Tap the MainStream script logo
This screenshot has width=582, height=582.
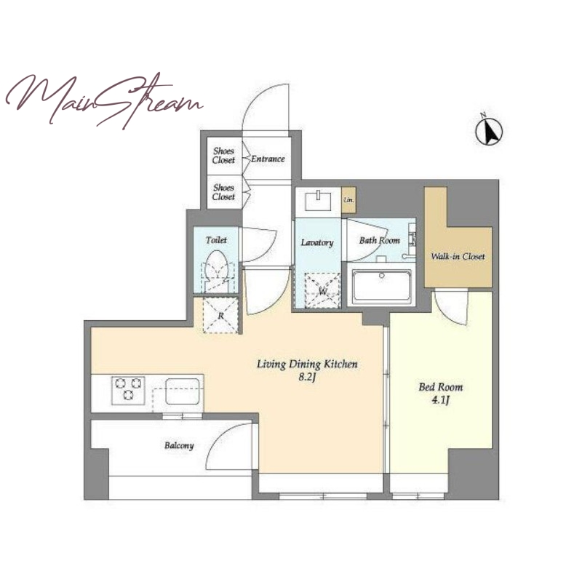[x=104, y=100]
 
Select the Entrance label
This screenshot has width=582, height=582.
[x=268, y=159]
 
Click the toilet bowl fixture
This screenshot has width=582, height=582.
[x=216, y=268]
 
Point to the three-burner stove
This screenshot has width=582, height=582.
[x=128, y=390]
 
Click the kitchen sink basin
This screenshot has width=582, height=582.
[x=183, y=391]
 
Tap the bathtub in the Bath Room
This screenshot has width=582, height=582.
[x=382, y=287]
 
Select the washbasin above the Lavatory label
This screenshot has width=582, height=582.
[x=318, y=201]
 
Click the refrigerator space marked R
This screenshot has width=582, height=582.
[x=221, y=316]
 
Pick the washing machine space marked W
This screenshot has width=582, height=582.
[x=322, y=290]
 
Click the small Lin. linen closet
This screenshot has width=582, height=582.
[x=348, y=200]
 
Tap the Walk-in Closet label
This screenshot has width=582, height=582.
[x=458, y=256]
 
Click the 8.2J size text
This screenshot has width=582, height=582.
[x=306, y=378]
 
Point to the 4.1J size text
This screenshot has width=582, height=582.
[x=441, y=400]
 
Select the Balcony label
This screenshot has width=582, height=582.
[x=179, y=445]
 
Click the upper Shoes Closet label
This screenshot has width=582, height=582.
[x=223, y=156]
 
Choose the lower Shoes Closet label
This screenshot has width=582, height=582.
[x=223, y=192]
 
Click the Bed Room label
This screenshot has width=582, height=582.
[x=441, y=387]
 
